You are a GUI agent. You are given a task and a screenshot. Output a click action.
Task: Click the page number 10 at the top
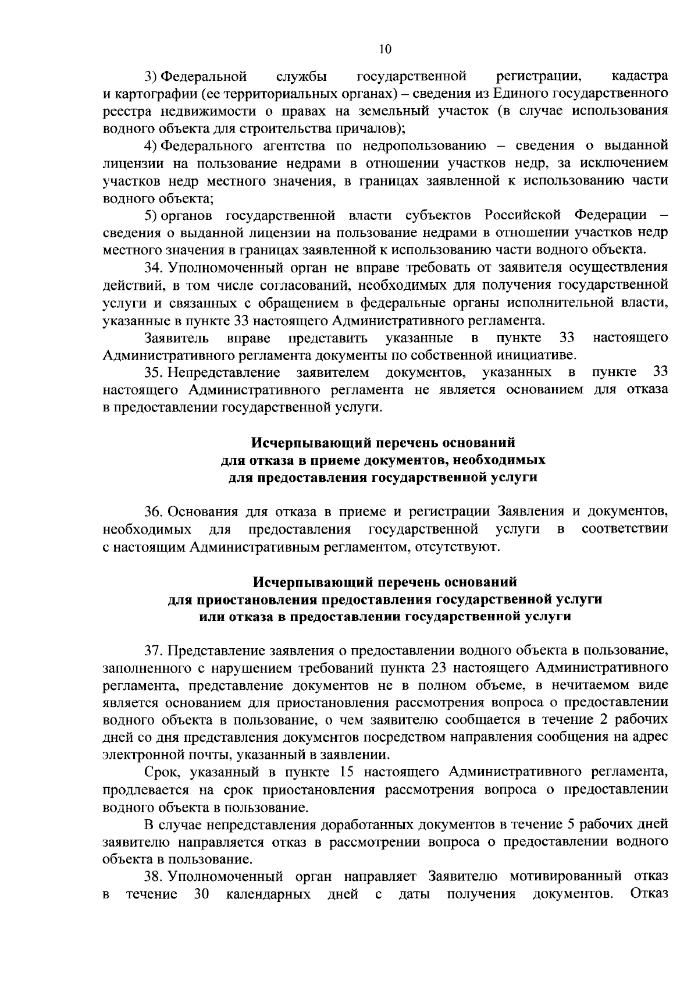coord(385,49)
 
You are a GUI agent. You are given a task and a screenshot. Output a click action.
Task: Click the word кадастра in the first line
coord(640,76)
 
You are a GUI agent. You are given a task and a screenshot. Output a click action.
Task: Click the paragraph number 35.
coord(155,372)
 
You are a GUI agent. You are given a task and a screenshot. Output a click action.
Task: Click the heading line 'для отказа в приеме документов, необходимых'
coord(383,460)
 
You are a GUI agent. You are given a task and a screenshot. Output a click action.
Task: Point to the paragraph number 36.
coord(155,512)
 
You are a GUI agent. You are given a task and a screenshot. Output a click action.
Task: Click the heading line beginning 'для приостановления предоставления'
coord(384,599)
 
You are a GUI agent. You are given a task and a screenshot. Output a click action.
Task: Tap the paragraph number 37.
coord(155,650)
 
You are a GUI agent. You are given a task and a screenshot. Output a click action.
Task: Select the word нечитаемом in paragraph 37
coord(589,685)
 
